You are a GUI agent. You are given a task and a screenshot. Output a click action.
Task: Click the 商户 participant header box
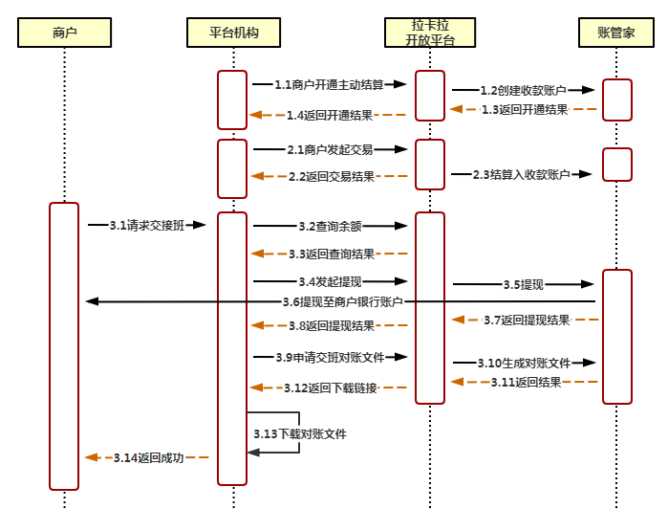pos(65,33)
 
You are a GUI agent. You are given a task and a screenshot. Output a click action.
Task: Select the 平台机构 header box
pos(232,33)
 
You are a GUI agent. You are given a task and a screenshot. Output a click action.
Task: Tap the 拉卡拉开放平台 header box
pos(430,33)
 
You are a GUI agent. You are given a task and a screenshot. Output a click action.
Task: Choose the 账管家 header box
pos(616,33)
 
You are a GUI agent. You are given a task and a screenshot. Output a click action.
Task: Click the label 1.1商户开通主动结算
pos(329,85)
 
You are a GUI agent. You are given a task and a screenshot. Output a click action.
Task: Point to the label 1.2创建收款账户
pos(524,91)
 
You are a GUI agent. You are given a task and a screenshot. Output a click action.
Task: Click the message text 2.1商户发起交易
pos(330,150)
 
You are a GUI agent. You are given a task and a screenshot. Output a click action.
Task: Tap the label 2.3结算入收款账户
pos(523,175)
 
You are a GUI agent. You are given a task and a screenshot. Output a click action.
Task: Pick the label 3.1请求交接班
pos(146,226)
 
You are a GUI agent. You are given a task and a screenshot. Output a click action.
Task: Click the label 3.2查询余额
pos(330,227)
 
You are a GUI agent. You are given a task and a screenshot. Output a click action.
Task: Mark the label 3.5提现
pos(524,285)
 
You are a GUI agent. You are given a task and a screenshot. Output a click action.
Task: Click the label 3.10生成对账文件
pos(524,364)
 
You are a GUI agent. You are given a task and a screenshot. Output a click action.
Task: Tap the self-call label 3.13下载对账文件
pos(300,433)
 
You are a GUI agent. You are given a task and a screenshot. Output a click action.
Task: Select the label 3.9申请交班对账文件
pos(330,357)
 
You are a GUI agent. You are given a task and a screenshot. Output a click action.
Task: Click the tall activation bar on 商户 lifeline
pos(64,345)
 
